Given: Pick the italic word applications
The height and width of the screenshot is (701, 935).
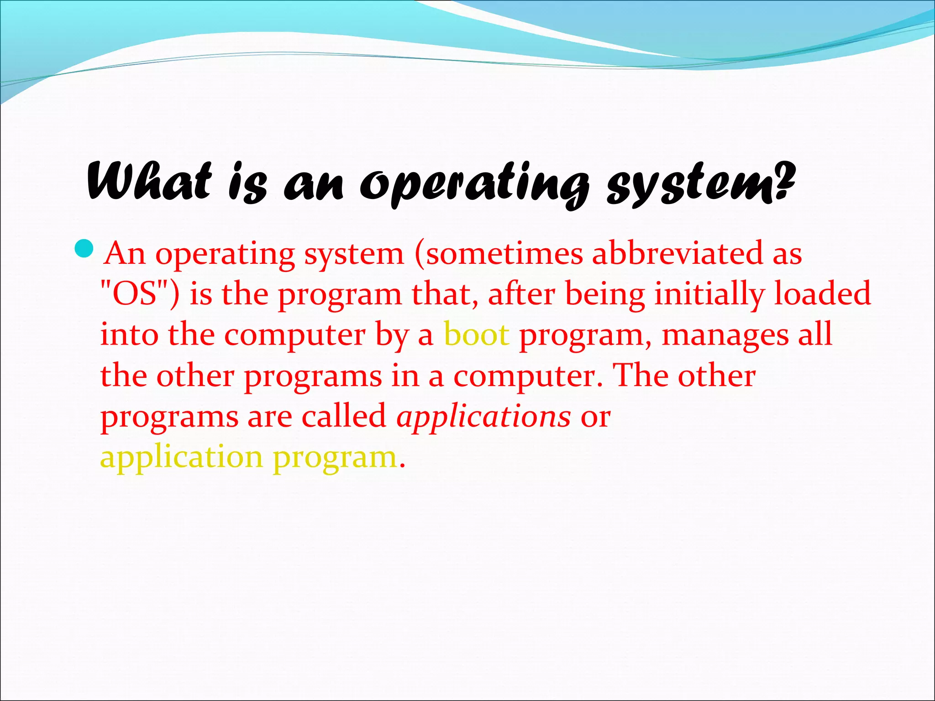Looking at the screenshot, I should pyautogui.click(x=483, y=416).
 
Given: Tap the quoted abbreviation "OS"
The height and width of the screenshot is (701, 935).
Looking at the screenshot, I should pyautogui.click(x=135, y=294).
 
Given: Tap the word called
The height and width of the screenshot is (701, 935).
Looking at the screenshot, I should pyautogui.click(x=344, y=416).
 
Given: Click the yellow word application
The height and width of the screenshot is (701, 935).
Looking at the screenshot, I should pyautogui.click(x=181, y=458).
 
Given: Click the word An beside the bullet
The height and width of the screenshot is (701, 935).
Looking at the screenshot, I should pyautogui.click(x=125, y=254).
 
